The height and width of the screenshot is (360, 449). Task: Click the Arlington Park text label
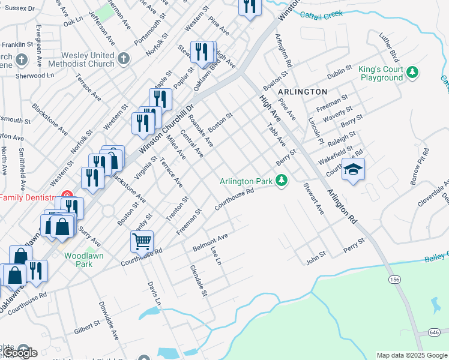point(246,181)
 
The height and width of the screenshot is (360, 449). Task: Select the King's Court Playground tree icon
point(412,73)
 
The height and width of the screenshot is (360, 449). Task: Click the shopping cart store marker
point(142,241)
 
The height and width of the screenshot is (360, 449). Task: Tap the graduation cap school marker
point(354,170)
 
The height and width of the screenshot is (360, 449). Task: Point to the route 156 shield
point(394,280)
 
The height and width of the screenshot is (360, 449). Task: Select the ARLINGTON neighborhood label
point(303,92)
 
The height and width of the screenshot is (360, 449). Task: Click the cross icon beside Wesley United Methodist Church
point(124,58)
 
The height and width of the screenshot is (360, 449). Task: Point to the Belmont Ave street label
point(210,242)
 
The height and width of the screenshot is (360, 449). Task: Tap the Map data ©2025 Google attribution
point(412,355)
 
